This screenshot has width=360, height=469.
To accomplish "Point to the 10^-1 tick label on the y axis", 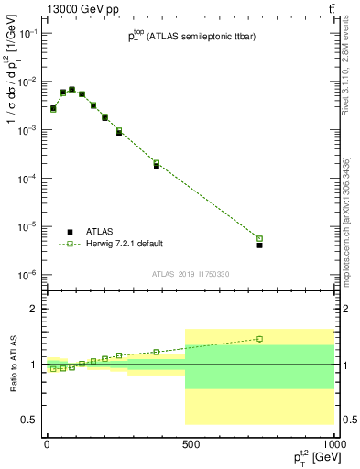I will tap(27, 33).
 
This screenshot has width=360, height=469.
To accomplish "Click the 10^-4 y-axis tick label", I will tap(27, 179).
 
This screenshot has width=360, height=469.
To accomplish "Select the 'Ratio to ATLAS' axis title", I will tap(12, 365).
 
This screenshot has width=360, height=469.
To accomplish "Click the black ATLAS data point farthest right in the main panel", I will tap(259, 245).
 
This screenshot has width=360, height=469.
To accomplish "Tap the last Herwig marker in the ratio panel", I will tap(259, 339).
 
